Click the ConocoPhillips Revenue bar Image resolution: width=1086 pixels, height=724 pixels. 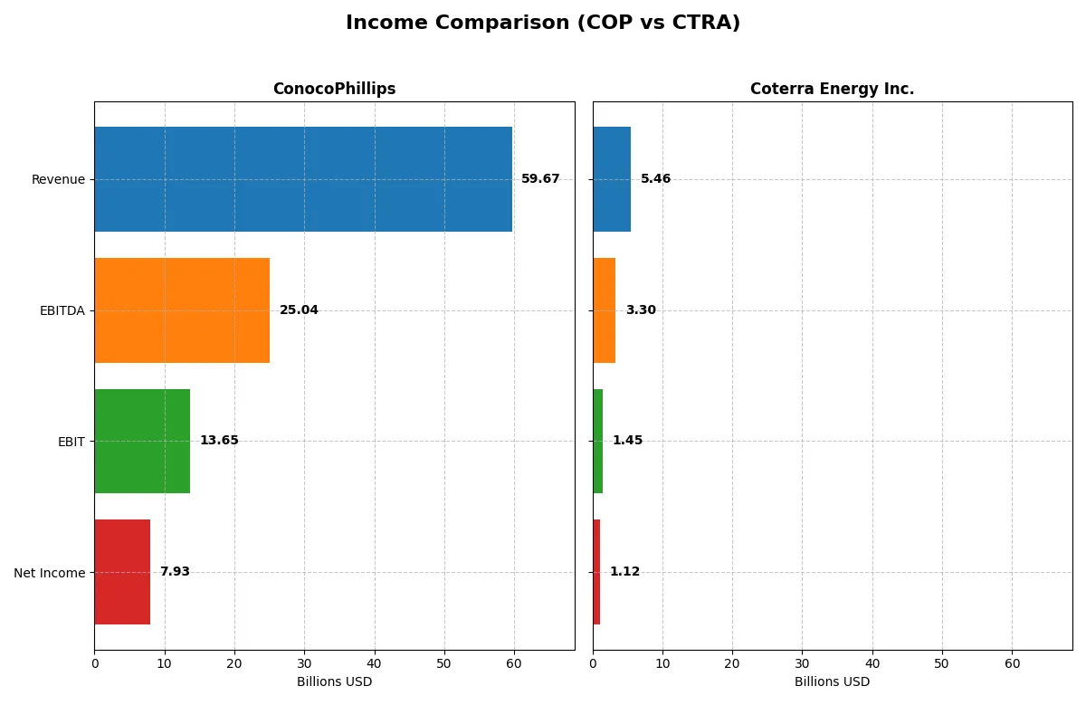[303, 179]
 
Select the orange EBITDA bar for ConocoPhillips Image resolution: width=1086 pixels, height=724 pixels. [182, 310]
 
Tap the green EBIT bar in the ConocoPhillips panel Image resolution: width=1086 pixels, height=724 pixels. [142, 442]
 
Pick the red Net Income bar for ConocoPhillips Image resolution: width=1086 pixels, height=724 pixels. [122, 572]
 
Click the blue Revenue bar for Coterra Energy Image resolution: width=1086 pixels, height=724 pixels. [612, 179]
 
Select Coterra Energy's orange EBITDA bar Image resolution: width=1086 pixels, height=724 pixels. [605, 310]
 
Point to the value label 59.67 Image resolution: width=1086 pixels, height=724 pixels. [540, 179]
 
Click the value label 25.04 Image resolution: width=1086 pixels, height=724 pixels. [299, 310]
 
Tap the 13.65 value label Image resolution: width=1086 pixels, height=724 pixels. [219, 441]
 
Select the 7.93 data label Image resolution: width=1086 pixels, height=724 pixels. [175, 572]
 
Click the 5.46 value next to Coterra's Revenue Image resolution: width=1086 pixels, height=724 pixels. [655, 179]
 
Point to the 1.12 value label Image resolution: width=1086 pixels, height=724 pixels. [624, 572]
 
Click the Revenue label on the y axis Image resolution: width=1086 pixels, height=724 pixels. [58, 179]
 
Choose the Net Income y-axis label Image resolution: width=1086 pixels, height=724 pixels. [49, 573]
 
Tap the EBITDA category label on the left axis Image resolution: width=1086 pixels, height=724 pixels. [62, 310]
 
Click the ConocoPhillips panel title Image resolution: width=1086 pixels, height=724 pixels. [334, 89]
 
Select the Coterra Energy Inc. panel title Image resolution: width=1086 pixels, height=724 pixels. [832, 89]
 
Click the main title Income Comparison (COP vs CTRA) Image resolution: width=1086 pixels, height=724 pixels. [543, 23]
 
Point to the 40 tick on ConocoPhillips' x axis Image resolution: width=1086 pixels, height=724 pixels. [374, 663]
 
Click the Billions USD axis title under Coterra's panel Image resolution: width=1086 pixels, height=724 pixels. [832, 681]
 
